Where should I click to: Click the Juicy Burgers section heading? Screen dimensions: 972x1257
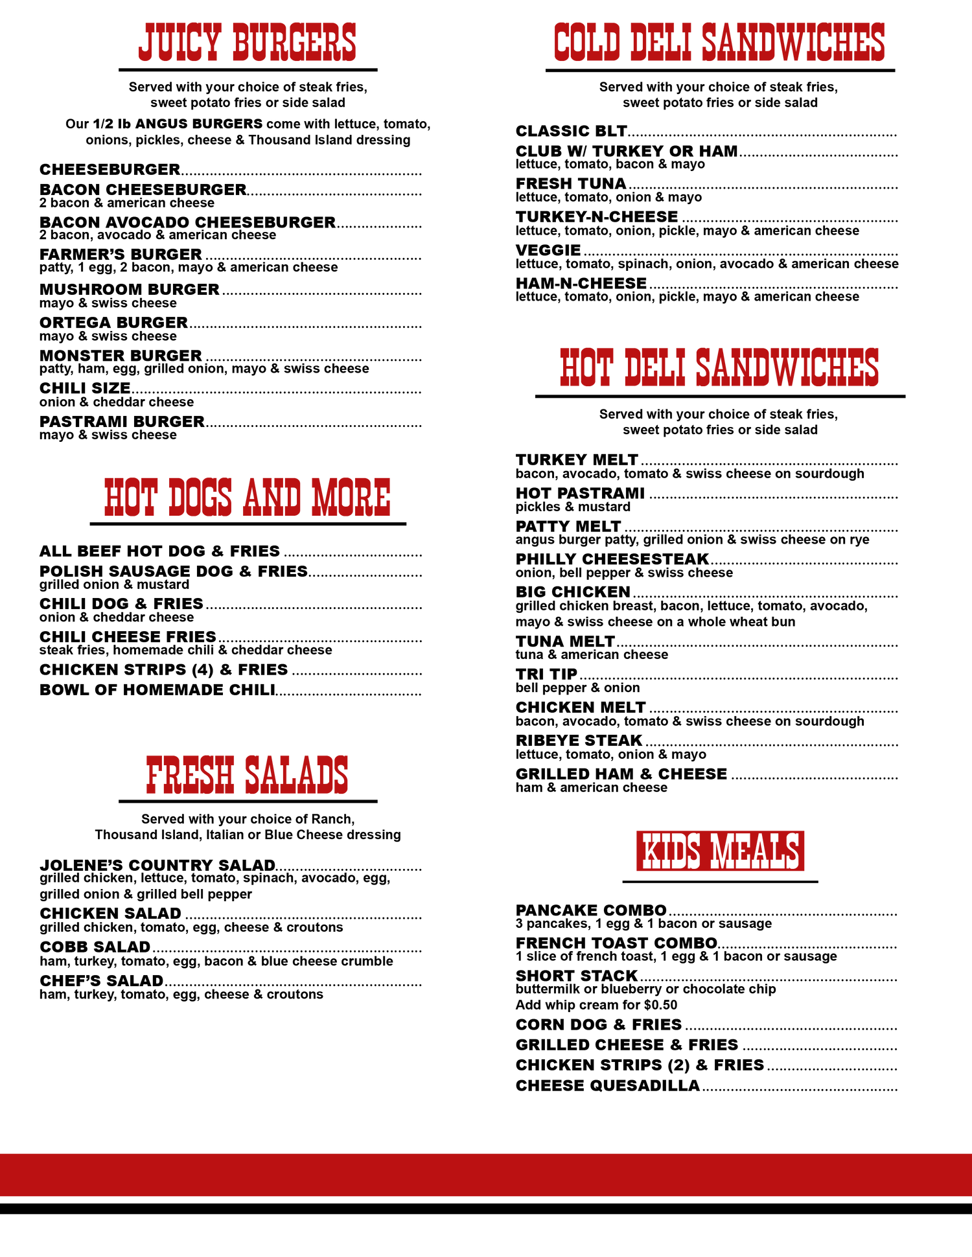(248, 43)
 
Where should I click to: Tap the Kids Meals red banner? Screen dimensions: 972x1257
(720, 851)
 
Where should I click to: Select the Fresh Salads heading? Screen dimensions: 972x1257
(248, 775)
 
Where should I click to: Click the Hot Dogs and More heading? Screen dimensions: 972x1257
(248, 497)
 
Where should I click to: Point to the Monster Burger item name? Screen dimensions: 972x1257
(121, 356)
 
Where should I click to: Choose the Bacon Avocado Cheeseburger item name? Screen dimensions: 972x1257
(187, 222)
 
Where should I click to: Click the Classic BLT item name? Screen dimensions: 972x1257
(571, 131)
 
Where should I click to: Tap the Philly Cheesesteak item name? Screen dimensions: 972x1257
(612, 559)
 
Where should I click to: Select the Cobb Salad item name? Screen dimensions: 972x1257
(95, 947)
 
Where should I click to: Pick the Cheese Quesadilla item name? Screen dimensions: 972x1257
(608, 1085)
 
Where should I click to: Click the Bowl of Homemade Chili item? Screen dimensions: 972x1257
(157, 689)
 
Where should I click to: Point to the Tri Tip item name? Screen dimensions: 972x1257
(546, 674)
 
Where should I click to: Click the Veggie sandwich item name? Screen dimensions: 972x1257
(548, 250)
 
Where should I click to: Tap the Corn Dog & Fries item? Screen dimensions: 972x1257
(599, 1024)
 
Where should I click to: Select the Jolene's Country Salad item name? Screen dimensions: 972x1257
(157, 865)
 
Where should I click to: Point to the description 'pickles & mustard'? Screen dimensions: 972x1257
(573, 507)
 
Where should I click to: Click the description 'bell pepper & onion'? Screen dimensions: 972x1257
(577, 687)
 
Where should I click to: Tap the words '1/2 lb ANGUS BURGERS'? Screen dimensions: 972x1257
(178, 124)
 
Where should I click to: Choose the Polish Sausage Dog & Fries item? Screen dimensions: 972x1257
(174, 571)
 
